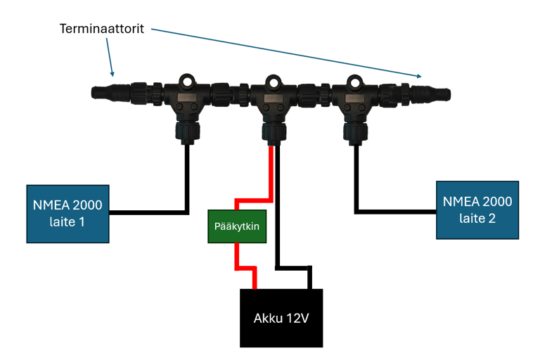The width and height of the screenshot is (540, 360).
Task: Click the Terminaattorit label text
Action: coord(101,30)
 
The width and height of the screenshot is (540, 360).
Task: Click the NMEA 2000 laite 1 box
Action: coord(67,213)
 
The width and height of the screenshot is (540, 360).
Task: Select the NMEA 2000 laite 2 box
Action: coord(477,209)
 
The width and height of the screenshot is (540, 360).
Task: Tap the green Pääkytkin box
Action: coord(237,226)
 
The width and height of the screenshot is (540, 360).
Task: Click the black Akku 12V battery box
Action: coord(281,318)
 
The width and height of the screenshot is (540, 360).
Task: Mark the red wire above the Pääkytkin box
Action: coord(269,176)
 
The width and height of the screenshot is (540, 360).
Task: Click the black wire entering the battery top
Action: coord(309,278)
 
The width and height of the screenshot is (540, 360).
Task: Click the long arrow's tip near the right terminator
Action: coord(422,76)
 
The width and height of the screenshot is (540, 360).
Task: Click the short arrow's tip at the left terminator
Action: coord(112,74)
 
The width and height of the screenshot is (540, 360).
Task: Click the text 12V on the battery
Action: coord(297,318)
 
